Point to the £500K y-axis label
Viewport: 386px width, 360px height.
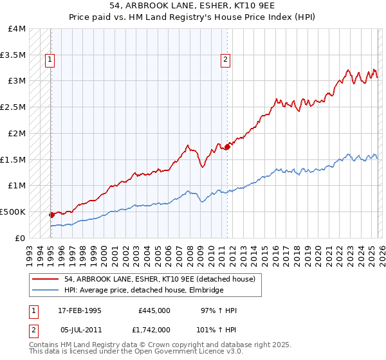click(13, 212)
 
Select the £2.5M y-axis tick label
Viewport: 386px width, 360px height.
click(13, 107)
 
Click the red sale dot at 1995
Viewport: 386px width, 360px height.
click(51, 215)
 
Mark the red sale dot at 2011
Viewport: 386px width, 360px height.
click(226, 147)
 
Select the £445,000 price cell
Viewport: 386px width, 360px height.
click(154, 310)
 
